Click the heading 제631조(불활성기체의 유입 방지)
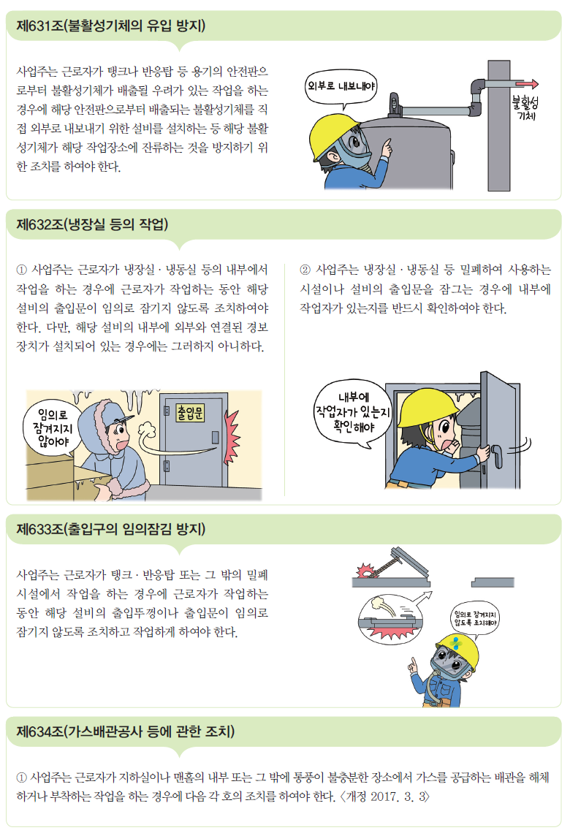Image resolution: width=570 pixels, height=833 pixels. [110, 26]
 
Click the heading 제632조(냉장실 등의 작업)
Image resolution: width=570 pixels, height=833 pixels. [92, 224]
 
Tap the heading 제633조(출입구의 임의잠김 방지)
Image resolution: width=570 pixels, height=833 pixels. [110, 529]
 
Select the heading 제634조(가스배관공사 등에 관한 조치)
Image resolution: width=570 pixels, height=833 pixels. [126, 731]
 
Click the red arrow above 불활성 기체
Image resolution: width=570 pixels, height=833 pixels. [527, 84]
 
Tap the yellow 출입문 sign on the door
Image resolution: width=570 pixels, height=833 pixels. [190, 413]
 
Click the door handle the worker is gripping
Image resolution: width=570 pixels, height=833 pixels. [497, 457]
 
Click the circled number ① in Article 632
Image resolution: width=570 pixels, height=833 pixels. [21, 270]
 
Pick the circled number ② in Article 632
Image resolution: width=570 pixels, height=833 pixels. [305, 270]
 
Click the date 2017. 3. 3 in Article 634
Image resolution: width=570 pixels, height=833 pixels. [398, 796]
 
